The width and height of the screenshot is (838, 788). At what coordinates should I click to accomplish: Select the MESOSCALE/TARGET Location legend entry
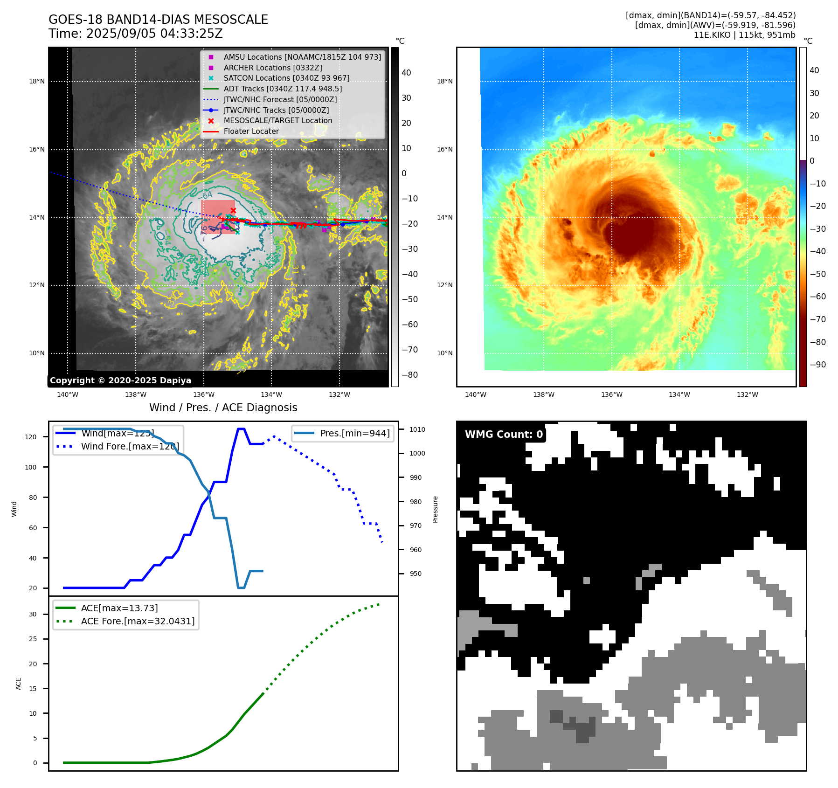(x=277, y=120)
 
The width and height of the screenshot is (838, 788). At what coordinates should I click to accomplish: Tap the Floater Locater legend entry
(x=251, y=131)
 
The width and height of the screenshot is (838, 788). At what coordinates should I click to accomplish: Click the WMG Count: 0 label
(x=504, y=435)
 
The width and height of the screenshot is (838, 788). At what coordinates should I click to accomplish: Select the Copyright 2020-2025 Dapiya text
(x=120, y=380)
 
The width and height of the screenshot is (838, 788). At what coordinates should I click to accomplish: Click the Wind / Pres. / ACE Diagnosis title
(x=223, y=408)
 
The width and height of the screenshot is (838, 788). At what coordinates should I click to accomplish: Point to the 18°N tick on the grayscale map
(x=37, y=81)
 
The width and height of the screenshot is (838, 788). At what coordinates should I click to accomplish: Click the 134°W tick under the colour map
(x=679, y=394)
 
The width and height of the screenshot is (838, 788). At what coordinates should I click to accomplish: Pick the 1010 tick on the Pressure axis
(x=417, y=429)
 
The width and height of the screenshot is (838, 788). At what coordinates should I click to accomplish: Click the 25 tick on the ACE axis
(x=33, y=639)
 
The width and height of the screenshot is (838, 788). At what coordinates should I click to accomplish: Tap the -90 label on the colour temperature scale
(x=817, y=365)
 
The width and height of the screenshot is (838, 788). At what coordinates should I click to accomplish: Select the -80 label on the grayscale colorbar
(x=410, y=375)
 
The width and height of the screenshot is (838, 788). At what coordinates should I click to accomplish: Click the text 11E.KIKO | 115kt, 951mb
(x=744, y=35)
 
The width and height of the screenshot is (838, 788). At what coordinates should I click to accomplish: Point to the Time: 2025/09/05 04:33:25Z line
(x=136, y=34)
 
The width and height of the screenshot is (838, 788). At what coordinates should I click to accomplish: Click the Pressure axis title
(x=435, y=509)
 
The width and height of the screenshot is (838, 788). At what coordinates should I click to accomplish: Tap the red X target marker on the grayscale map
(x=233, y=211)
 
